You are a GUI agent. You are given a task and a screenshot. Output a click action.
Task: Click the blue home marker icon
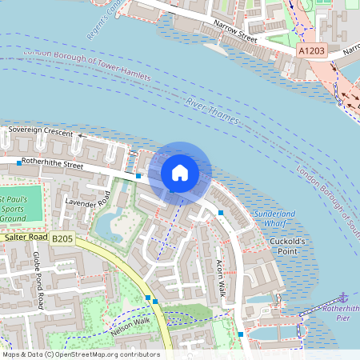pyautogui.click(x=180, y=172)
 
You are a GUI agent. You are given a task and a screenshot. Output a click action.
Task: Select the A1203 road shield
pyautogui.click(x=313, y=50)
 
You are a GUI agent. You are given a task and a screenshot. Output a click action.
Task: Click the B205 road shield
pyautogui.click(x=62, y=238)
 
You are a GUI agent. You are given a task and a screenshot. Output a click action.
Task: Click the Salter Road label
pyautogui.click(x=26, y=238)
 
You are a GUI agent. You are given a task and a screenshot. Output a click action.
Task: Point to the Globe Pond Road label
pyautogui.click(x=38, y=281)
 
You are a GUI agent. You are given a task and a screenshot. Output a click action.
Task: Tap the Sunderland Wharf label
pyautogui.click(x=274, y=218)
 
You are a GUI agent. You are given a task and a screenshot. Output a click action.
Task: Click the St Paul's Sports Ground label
pyautogui.click(x=14, y=207)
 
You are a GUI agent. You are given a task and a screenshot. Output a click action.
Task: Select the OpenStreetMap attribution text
pyautogui.click(x=80, y=354)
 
